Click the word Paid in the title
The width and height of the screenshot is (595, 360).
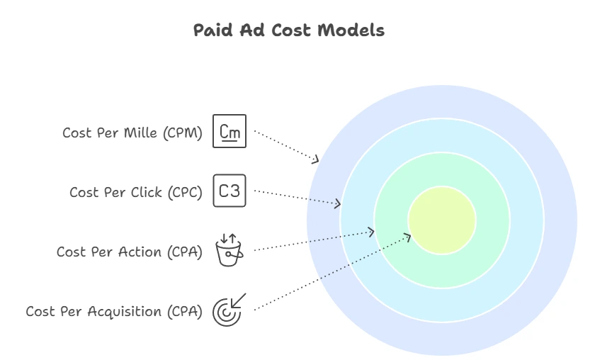[x=212, y=30]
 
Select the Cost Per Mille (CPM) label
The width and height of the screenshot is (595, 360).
[x=132, y=133]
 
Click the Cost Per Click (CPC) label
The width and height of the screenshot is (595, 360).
[x=136, y=193]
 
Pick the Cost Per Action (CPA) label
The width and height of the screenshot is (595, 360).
[x=130, y=252]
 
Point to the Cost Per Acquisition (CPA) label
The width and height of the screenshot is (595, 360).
[x=114, y=312]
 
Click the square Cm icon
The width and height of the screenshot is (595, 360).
[x=229, y=131]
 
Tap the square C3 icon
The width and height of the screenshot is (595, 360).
[x=229, y=191]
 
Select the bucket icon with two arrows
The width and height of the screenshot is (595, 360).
[x=229, y=250]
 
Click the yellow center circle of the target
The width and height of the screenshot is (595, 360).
[x=442, y=220]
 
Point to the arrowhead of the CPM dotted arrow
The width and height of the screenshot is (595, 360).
[x=316, y=159]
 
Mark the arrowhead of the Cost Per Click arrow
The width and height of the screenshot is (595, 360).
[x=337, y=204]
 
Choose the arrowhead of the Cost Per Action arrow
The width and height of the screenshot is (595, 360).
[x=370, y=232]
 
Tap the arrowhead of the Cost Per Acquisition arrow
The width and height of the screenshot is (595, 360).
[x=407, y=237]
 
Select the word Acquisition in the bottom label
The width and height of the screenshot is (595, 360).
[x=125, y=312]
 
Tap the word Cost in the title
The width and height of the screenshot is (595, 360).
[x=291, y=30]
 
